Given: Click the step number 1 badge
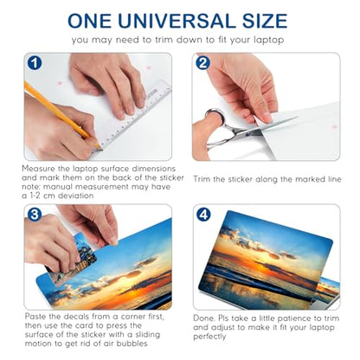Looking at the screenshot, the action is pyautogui.click(x=35, y=63).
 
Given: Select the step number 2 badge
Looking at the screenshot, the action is pyautogui.click(x=202, y=63).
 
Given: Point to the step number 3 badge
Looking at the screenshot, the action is pyautogui.click(x=35, y=215).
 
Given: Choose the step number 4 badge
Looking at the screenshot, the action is pyautogui.click(x=203, y=215).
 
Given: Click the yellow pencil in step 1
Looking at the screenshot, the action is pyautogui.click(x=62, y=115).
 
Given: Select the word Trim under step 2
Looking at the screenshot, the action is pyautogui.click(x=202, y=179).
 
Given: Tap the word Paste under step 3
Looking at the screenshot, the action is pyautogui.click(x=35, y=317).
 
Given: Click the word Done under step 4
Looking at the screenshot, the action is pyautogui.click(x=204, y=318).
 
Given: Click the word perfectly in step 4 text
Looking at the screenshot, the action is pyautogui.click(x=209, y=337).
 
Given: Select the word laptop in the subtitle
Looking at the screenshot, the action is pyautogui.click(x=269, y=40).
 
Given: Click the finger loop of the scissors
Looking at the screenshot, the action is pyautogui.click(x=215, y=116).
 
